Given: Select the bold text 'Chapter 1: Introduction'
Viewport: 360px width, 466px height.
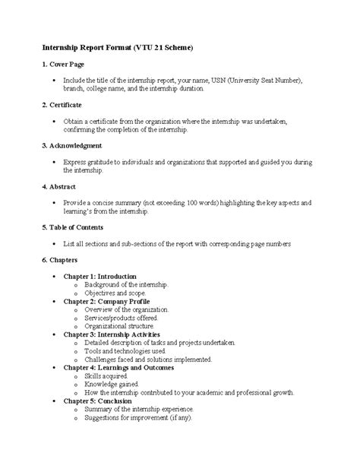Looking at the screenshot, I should (x=99, y=276).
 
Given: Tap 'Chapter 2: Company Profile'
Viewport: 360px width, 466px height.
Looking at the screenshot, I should (x=106, y=302).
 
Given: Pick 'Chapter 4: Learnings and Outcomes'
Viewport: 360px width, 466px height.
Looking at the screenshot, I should (x=118, y=368).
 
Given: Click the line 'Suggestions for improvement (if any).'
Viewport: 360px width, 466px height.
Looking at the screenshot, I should (x=138, y=417).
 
